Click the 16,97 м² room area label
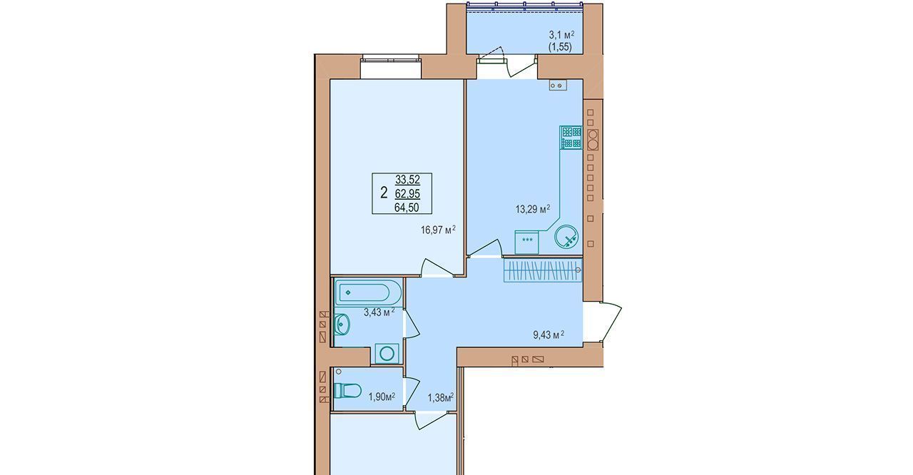438,230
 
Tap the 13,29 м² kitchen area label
533,210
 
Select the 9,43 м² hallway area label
549,335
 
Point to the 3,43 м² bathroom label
379,312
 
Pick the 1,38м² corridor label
441,397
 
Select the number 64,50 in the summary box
407,208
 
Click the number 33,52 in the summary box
407,179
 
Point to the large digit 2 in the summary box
384,193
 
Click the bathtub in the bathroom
367,292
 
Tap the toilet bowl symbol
347,391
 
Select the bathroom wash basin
342,325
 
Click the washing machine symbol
387,354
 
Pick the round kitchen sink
566,236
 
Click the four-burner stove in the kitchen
571,138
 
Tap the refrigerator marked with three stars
527,242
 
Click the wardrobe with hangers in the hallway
543,270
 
